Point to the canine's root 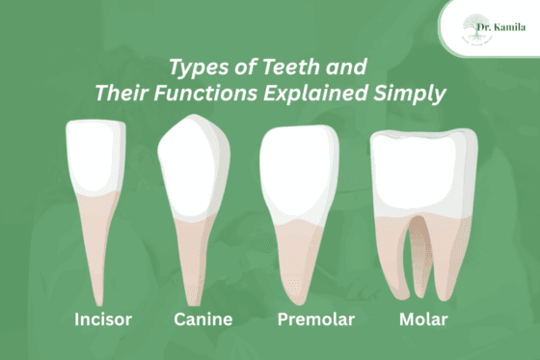(x=199, y=261)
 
